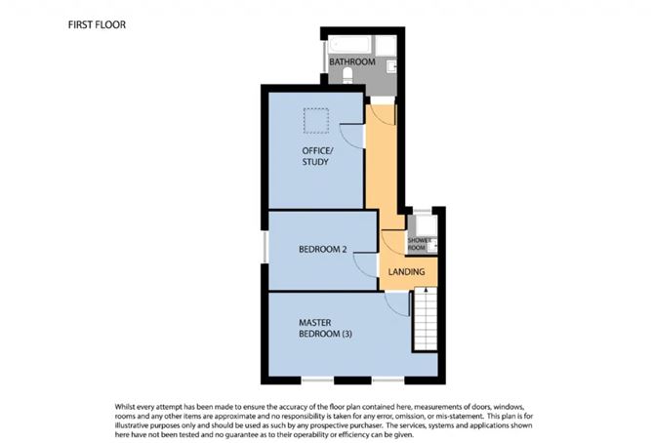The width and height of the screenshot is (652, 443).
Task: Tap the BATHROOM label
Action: coord(351,62)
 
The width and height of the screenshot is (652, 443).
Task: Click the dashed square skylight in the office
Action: coord(316,120)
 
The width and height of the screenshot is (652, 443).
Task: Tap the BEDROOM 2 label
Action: coord(323,250)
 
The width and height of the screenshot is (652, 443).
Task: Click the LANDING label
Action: coord(406,273)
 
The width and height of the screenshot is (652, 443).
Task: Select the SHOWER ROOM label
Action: coord(420,243)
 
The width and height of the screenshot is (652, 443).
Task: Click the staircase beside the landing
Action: coord(426,322)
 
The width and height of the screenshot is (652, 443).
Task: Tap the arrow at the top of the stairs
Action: coord(426,291)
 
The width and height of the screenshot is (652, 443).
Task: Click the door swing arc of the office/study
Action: coord(352,137)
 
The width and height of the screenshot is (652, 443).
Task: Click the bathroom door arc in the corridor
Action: coord(383,111)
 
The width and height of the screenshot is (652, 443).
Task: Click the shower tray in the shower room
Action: coord(422,225)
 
